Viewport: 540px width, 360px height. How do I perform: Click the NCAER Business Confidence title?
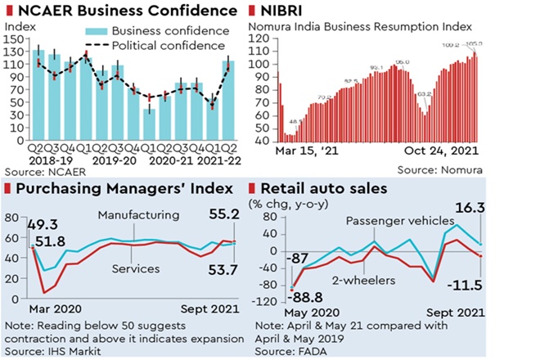(x=122, y=11)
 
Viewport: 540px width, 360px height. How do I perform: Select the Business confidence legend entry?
(x=158, y=30)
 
